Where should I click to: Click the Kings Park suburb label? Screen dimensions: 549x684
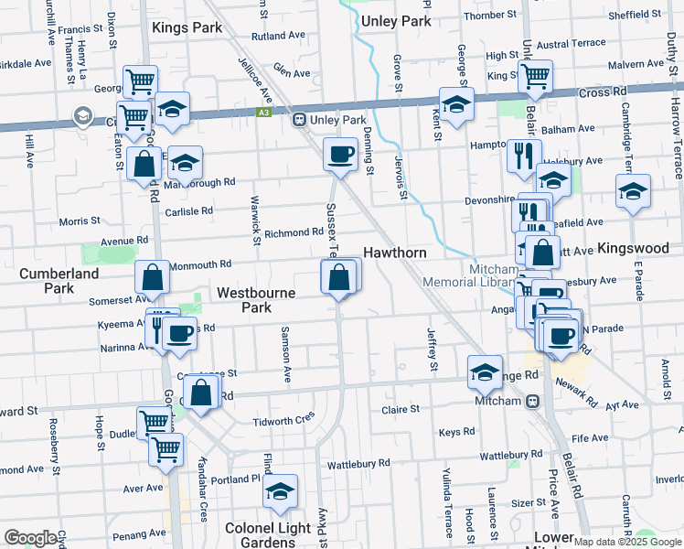pos(187,27)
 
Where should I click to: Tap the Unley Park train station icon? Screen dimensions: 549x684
pos(298,120)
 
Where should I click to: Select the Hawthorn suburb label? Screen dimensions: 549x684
pos(395,252)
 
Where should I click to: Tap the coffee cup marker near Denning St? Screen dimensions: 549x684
pos(341,154)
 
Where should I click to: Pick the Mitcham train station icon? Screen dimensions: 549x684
pos(533,401)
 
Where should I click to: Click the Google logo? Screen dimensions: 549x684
pos(31,538)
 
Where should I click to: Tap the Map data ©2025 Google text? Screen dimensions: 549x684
pos(627,542)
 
